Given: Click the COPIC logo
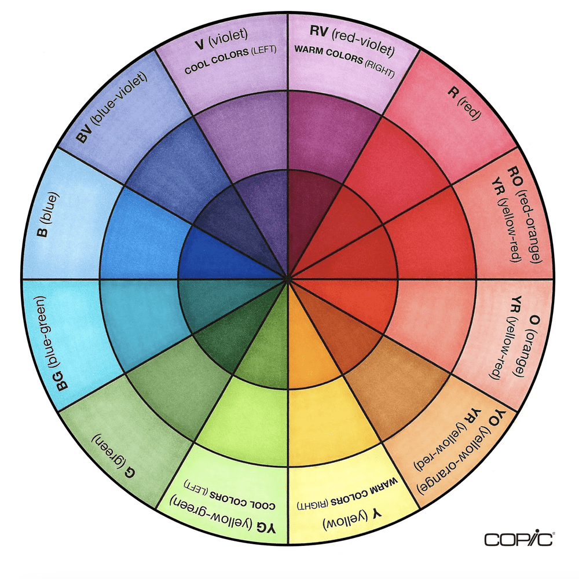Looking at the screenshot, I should tap(519, 539).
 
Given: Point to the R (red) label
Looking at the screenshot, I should tap(467, 104).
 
